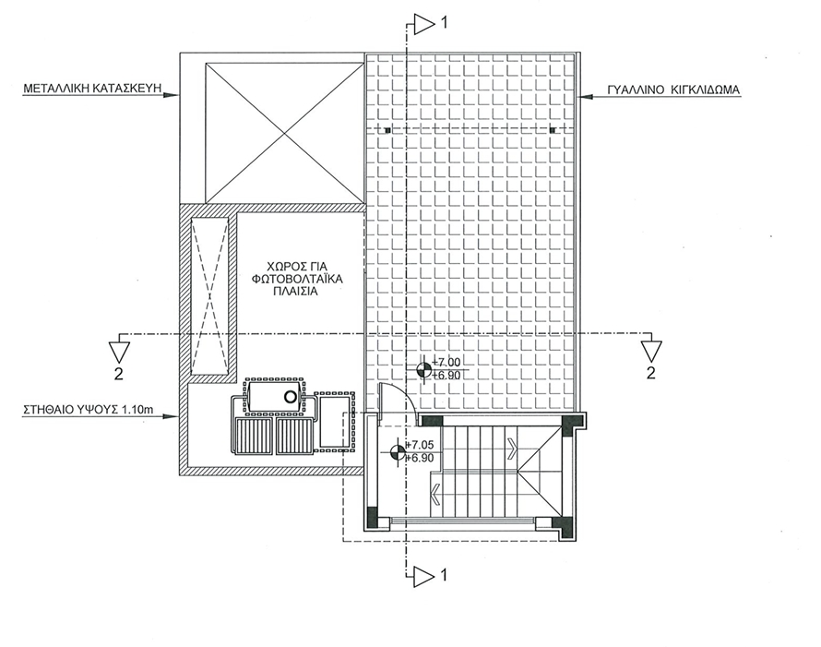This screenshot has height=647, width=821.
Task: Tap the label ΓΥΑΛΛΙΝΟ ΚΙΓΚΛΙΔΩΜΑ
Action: point(673,90)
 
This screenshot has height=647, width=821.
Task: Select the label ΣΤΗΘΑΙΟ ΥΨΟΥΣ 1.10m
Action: point(89,409)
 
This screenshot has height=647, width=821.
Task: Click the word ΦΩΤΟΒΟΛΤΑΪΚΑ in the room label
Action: point(297,279)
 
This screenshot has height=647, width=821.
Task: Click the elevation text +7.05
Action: point(420,445)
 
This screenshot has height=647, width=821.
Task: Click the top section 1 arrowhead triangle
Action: point(424,24)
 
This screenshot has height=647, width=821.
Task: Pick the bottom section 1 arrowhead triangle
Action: point(424,576)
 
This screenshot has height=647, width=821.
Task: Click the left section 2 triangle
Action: point(119,352)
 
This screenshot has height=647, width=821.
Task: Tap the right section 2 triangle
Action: point(651,352)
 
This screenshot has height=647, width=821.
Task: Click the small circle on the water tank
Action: point(290,397)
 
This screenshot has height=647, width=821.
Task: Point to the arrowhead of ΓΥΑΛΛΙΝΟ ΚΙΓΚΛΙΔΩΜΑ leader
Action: point(584,96)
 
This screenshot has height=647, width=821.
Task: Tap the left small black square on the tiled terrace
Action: point(387,130)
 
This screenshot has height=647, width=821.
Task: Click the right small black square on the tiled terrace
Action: point(553,130)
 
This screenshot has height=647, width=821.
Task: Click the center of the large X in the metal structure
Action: point(285,133)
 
